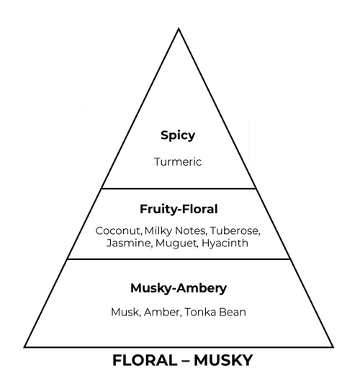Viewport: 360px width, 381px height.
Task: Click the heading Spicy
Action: [x=178, y=135]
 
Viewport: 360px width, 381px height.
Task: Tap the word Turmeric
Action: [x=178, y=162]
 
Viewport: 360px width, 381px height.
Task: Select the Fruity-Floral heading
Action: [x=179, y=209]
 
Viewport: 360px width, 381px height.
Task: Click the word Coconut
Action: [x=118, y=231]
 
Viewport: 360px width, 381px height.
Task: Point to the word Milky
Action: [x=158, y=230]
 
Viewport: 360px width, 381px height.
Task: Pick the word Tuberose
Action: [x=235, y=231]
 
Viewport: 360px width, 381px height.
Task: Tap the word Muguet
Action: [x=176, y=243]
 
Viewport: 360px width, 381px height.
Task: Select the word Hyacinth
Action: [x=225, y=243]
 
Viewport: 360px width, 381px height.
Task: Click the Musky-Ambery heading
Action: [x=179, y=288]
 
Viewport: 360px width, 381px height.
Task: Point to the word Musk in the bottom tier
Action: [x=126, y=313]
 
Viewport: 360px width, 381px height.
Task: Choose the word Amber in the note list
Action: [x=163, y=313]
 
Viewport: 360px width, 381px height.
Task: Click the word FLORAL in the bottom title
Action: [x=145, y=360]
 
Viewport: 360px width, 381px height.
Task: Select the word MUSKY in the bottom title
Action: [x=223, y=360]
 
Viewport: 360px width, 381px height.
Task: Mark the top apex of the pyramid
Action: [x=179, y=29]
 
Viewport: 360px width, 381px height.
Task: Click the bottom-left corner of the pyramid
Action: [x=24, y=347]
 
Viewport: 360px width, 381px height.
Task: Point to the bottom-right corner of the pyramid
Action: [x=333, y=347]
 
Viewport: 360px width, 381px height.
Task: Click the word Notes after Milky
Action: [x=191, y=231]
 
